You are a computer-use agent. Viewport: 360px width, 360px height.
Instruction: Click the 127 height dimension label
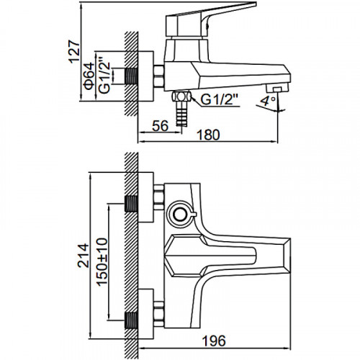(x=74, y=53)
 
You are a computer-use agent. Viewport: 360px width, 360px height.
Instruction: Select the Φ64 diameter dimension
(x=89, y=76)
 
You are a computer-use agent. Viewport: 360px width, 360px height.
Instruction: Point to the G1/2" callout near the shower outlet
(x=219, y=100)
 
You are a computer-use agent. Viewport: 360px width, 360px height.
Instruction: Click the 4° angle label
(x=266, y=102)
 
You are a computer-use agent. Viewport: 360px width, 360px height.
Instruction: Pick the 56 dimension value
(x=161, y=126)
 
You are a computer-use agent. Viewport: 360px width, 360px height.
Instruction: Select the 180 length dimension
(x=208, y=135)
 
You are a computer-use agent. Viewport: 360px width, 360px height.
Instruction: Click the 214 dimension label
(x=84, y=256)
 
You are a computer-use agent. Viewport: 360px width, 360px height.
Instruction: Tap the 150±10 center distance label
(x=102, y=261)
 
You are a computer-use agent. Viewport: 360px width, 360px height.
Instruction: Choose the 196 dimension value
(x=214, y=341)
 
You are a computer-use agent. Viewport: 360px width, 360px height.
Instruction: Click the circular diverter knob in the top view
(x=181, y=215)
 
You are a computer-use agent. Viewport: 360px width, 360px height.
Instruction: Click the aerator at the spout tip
(x=277, y=89)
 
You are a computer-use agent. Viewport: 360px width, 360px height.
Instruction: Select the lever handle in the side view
(x=211, y=19)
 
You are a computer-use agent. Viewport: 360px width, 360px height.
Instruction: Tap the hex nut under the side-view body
(x=181, y=96)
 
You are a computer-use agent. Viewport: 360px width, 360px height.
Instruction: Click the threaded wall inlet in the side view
(x=131, y=76)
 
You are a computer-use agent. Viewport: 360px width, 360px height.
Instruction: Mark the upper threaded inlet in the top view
(x=131, y=204)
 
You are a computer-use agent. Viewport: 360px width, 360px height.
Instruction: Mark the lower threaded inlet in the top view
(x=131, y=320)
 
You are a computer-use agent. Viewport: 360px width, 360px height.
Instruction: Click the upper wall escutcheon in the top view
(x=146, y=197)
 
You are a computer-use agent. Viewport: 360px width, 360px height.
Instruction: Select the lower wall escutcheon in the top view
(x=146, y=314)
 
